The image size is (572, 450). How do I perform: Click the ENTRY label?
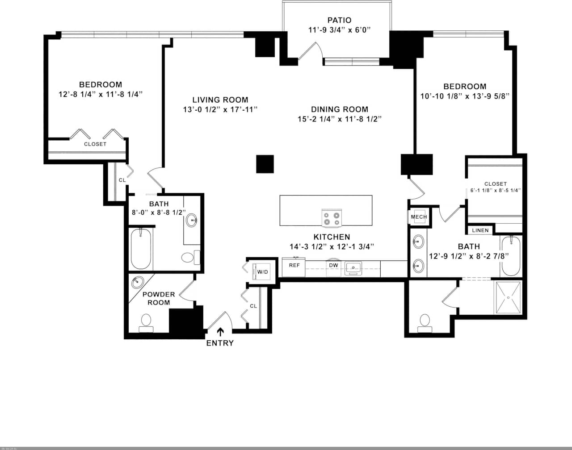point(220,343)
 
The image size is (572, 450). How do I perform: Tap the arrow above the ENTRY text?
point(220,332)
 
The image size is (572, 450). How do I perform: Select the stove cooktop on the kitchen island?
point(332,218)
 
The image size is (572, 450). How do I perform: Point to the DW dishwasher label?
point(333,265)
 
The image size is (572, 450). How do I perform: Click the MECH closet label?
point(419,217)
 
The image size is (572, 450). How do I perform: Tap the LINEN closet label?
point(480,230)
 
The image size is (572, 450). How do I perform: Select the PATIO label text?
point(339,20)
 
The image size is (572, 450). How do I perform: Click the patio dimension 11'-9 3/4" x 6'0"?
point(340,30)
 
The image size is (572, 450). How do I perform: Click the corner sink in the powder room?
point(137,283)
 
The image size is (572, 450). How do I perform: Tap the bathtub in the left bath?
point(141,249)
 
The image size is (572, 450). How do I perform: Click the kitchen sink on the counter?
point(353,268)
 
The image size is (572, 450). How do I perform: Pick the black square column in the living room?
point(265,164)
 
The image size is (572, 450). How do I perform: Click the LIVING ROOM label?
point(220,100)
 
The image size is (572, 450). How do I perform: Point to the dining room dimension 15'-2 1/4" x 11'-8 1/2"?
point(339,119)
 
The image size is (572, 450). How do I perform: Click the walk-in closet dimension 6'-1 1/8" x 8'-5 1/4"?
point(495,190)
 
